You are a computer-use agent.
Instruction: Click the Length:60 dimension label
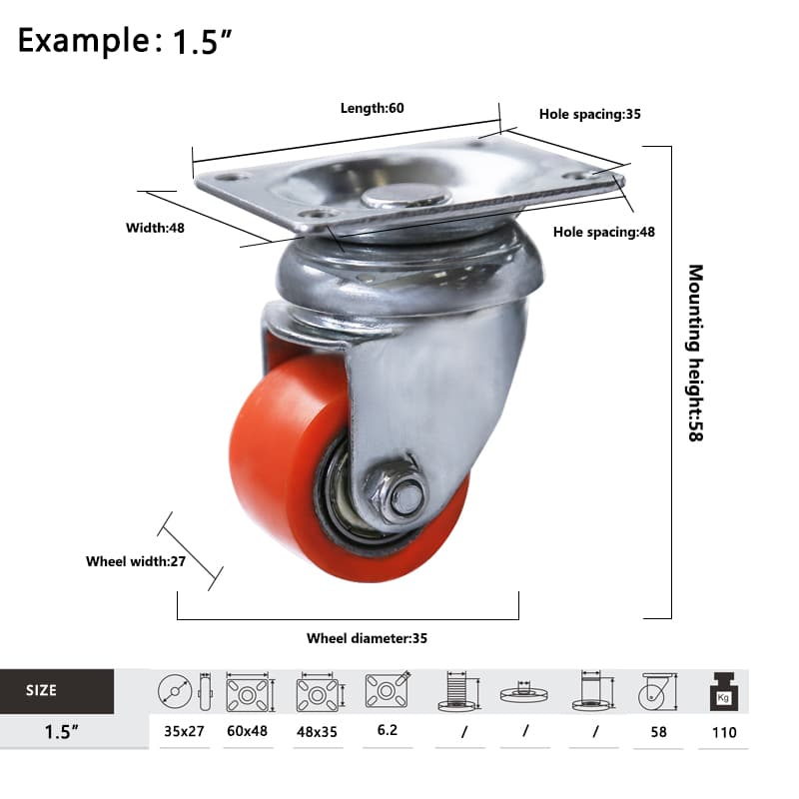pyautogui.click(x=372, y=108)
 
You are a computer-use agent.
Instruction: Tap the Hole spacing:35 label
pyautogui.click(x=589, y=114)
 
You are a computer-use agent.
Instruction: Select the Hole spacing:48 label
pyautogui.click(x=604, y=232)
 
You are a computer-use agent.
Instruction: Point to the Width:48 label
pyautogui.click(x=155, y=228)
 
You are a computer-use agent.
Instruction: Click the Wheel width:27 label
pyautogui.click(x=136, y=561)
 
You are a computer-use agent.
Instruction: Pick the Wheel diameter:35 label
pyautogui.click(x=367, y=638)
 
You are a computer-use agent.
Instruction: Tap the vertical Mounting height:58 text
pyautogui.click(x=695, y=353)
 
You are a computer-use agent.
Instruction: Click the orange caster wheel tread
pyautogui.click(x=286, y=458)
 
